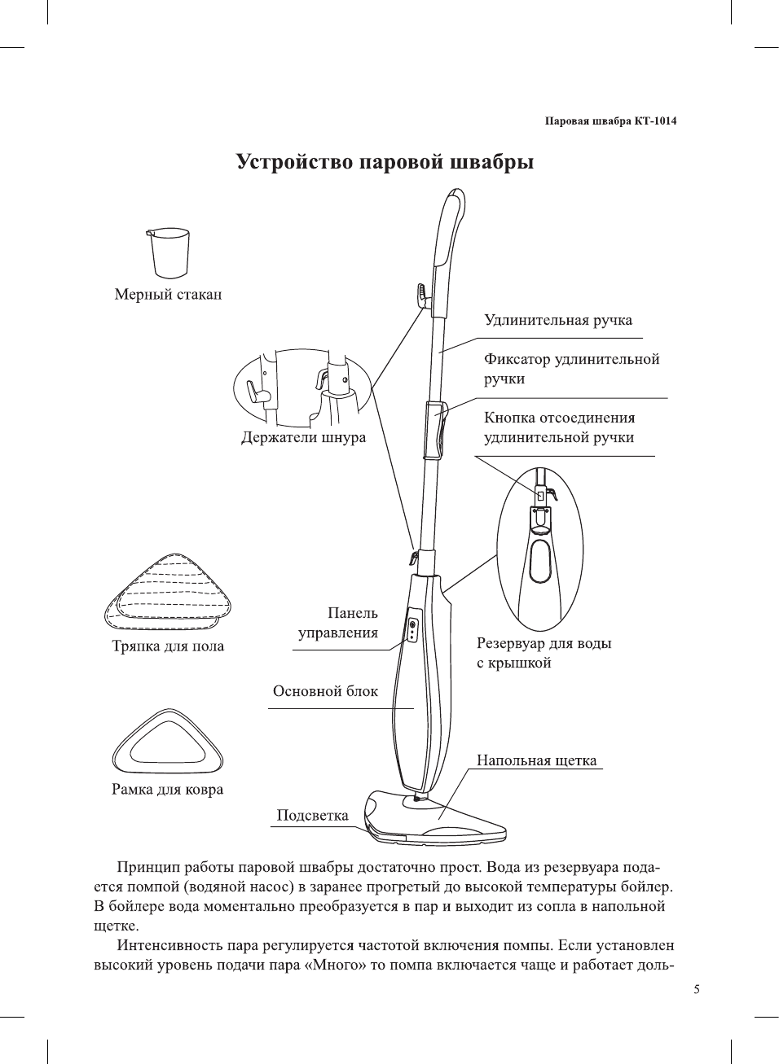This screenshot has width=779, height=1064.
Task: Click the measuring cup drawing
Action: pyautogui.click(x=169, y=253)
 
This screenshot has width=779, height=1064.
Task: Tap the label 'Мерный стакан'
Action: pyautogui.click(x=168, y=295)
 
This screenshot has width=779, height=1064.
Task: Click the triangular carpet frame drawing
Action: pyautogui.click(x=168, y=742)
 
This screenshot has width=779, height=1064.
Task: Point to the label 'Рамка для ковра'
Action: pyautogui.click(x=167, y=790)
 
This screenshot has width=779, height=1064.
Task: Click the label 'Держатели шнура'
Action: pyautogui.click(x=303, y=437)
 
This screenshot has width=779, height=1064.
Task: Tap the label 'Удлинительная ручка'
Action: pyautogui.click(x=558, y=320)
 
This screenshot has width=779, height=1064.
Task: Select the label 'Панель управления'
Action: pyautogui.click(x=339, y=623)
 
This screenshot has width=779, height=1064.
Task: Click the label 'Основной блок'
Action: pyautogui.click(x=325, y=691)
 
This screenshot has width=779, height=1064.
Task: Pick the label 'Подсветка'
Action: pyautogui.click(x=312, y=816)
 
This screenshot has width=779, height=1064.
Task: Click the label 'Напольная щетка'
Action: pyautogui.click(x=536, y=760)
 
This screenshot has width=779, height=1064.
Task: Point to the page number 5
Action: pyautogui.click(x=697, y=990)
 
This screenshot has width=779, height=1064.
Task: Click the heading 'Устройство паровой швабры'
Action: pyautogui.click(x=385, y=162)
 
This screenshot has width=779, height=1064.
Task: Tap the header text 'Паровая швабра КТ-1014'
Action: pyautogui.click(x=610, y=121)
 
